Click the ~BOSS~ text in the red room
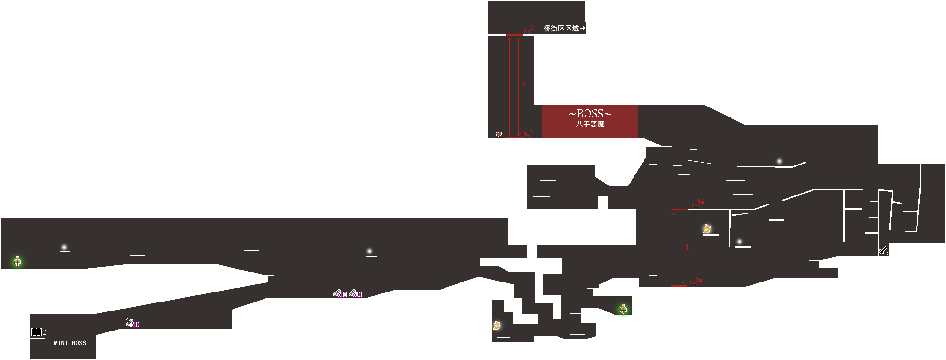pos(590,113)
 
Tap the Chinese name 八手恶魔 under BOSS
pos(590,124)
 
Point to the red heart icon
pos(498,134)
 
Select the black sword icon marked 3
pos(883,251)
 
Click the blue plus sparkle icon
pos(739,242)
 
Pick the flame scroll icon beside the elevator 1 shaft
pos(707,229)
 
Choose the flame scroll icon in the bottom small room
pos(497,325)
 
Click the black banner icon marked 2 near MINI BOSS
pos(36,332)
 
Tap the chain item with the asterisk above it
pos(129,323)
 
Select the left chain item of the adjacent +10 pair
pos(337,293)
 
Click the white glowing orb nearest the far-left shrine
pos(64,247)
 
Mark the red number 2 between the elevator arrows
pos(523,84)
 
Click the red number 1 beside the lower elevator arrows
pos(687,247)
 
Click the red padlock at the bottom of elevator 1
pos(701,280)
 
